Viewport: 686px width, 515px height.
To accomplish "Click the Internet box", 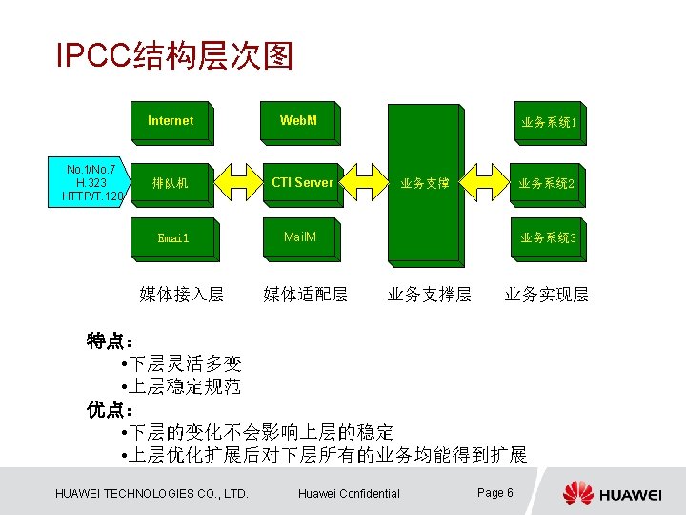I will pos(171,121).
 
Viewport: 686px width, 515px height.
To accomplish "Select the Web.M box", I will pos(299,121).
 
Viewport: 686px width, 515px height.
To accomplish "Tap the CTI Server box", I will pos(302,182).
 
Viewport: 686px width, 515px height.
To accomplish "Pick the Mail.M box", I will pos(300,237).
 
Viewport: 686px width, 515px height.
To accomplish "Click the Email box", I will pos(173,237).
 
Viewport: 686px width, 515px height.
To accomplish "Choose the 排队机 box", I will pos(171,182).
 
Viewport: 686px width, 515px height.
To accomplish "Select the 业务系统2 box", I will pos(546,183).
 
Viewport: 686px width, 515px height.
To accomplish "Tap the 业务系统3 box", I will pos(547,237).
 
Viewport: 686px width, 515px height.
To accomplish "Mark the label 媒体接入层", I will pos(181,294).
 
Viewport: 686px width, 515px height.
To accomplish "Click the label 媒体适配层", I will pos(305,294).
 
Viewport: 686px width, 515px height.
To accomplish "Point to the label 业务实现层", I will pos(547,294).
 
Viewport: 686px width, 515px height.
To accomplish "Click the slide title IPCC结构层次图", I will pos(174,55).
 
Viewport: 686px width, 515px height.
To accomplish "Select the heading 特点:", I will pos(111,340).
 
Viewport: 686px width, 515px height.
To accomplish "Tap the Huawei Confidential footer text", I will pos(349,493).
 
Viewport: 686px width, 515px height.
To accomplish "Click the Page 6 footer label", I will pos(495,492).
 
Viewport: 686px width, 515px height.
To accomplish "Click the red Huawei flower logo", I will pos(577,493).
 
